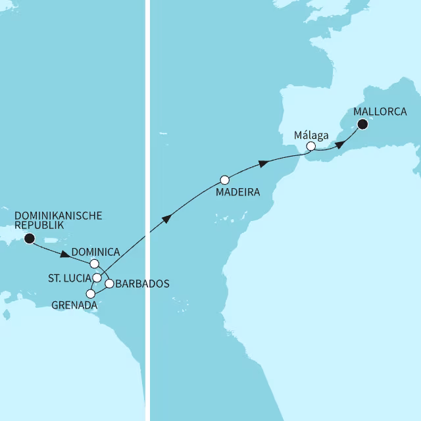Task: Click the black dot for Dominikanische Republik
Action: click(x=29, y=239)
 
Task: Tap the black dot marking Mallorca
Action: click(x=362, y=123)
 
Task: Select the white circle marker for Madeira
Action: click(x=224, y=180)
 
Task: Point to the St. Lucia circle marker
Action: click(x=97, y=278)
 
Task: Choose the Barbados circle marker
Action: click(x=110, y=284)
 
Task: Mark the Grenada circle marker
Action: click(x=91, y=293)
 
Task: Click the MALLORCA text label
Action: click(x=379, y=111)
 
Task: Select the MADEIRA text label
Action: click(x=237, y=193)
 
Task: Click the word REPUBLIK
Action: click(x=39, y=226)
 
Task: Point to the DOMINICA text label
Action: click(x=95, y=252)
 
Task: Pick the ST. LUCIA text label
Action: click(x=69, y=278)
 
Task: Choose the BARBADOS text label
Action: click(x=142, y=284)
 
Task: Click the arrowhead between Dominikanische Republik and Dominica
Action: click(x=65, y=254)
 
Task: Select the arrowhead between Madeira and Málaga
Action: click(x=263, y=162)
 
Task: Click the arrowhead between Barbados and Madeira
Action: click(x=167, y=219)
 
